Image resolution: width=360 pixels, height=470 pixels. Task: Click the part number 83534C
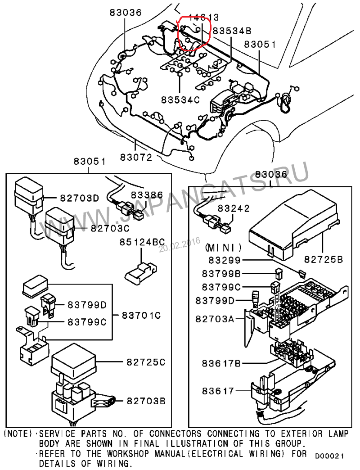(180, 100)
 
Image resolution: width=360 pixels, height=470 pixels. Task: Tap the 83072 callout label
(136, 157)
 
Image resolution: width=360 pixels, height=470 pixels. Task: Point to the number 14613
(204, 18)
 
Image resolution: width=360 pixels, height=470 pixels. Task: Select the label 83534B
(232, 31)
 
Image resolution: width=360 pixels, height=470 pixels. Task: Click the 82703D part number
(79, 198)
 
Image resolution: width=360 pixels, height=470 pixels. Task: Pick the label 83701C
(141, 315)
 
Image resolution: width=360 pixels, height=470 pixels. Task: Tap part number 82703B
(146, 401)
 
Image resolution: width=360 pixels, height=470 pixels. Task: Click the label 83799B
(221, 274)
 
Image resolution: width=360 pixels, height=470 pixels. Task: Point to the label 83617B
(221, 363)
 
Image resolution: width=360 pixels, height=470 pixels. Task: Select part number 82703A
(215, 319)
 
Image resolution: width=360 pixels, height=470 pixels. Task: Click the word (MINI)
(223, 248)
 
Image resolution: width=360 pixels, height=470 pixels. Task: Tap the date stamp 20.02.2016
(180, 245)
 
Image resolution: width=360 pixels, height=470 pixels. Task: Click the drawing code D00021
(329, 456)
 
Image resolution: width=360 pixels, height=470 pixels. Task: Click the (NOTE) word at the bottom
(18, 434)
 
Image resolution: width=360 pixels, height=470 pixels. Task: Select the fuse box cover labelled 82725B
(293, 227)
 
